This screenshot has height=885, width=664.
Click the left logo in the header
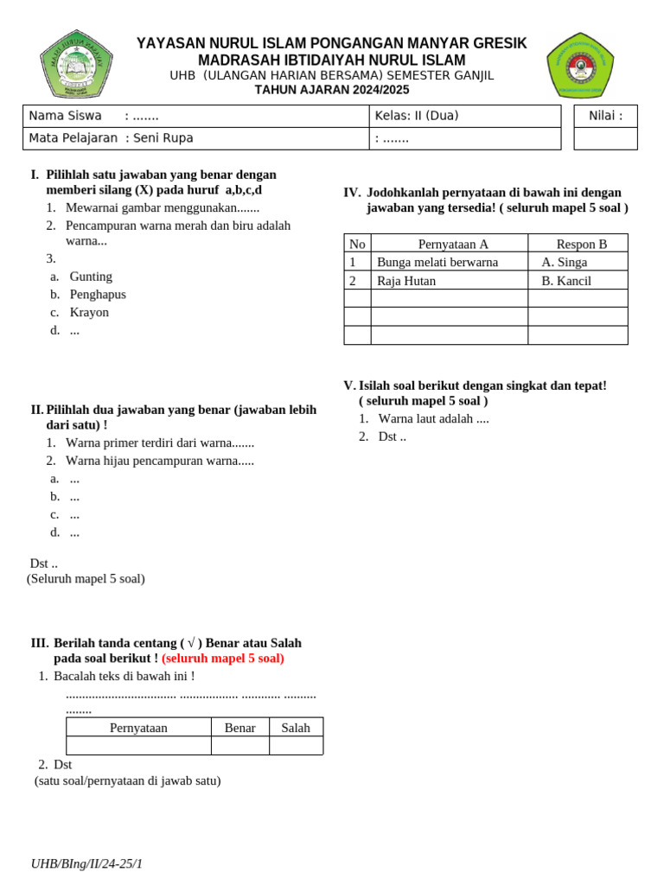click(76, 64)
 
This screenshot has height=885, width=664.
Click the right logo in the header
click(580, 65)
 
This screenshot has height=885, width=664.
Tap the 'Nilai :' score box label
click(605, 116)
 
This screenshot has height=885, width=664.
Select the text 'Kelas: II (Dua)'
click(417, 116)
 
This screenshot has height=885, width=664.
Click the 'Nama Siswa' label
click(65, 116)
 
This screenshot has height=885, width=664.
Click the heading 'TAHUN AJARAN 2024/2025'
click(331, 90)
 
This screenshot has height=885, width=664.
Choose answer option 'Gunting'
click(91, 277)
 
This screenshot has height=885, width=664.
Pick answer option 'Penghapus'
click(98, 295)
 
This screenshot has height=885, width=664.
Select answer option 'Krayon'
click(89, 313)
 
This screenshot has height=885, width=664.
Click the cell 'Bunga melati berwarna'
click(437, 262)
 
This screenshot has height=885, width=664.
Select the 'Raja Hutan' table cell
click(406, 281)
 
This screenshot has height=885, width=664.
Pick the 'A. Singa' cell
click(564, 262)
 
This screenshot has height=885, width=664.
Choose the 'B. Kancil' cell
click(566, 281)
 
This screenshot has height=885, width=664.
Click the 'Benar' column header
click(239, 728)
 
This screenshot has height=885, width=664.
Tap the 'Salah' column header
click(296, 728)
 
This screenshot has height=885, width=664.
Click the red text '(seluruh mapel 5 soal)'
click(223, 659)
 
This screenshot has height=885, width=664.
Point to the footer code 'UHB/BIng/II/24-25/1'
click(86, 863)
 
